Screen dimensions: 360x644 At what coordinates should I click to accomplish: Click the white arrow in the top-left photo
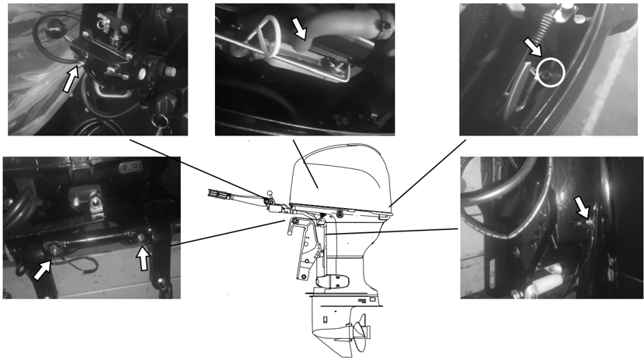point(70,79)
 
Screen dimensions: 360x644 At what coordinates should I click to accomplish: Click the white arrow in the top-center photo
point(299,29)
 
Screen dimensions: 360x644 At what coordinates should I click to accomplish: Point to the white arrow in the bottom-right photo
point(582,206)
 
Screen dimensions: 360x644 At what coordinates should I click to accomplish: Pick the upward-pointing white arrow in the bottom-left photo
point(143,257)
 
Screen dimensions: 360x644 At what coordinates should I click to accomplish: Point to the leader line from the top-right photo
point(428,171)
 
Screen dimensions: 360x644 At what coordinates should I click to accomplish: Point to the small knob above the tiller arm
point(269,194)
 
